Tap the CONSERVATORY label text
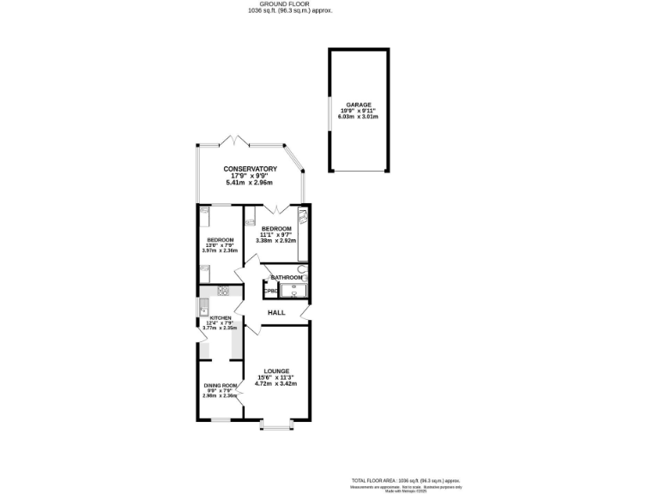tap(250, 169)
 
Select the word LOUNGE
tap(276, 371)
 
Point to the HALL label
tap(276, 313)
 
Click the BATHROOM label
tap(287, 278)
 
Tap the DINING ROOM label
tap(220, 386)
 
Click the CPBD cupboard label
tap(270, 292)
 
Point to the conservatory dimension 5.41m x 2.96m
tap(250, 183)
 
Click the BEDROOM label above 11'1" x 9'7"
tap(275, 228)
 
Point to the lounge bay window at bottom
tap(276, 425)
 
